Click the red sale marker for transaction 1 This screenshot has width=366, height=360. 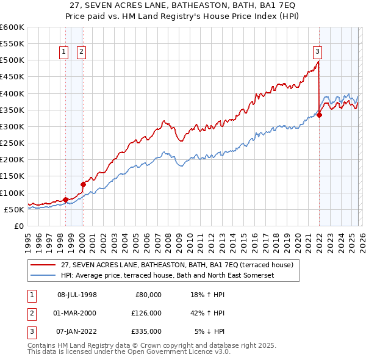point(65,200)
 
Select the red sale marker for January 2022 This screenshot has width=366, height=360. point(319,115)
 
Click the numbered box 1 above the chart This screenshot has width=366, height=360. point(64,52)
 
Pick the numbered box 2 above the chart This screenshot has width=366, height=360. point(81,52)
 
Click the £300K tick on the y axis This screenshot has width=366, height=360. point(12,127)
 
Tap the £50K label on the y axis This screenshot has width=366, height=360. point(14,209)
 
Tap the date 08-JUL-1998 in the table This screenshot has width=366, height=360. point(77,295)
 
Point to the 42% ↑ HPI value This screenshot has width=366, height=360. point(207,313)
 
